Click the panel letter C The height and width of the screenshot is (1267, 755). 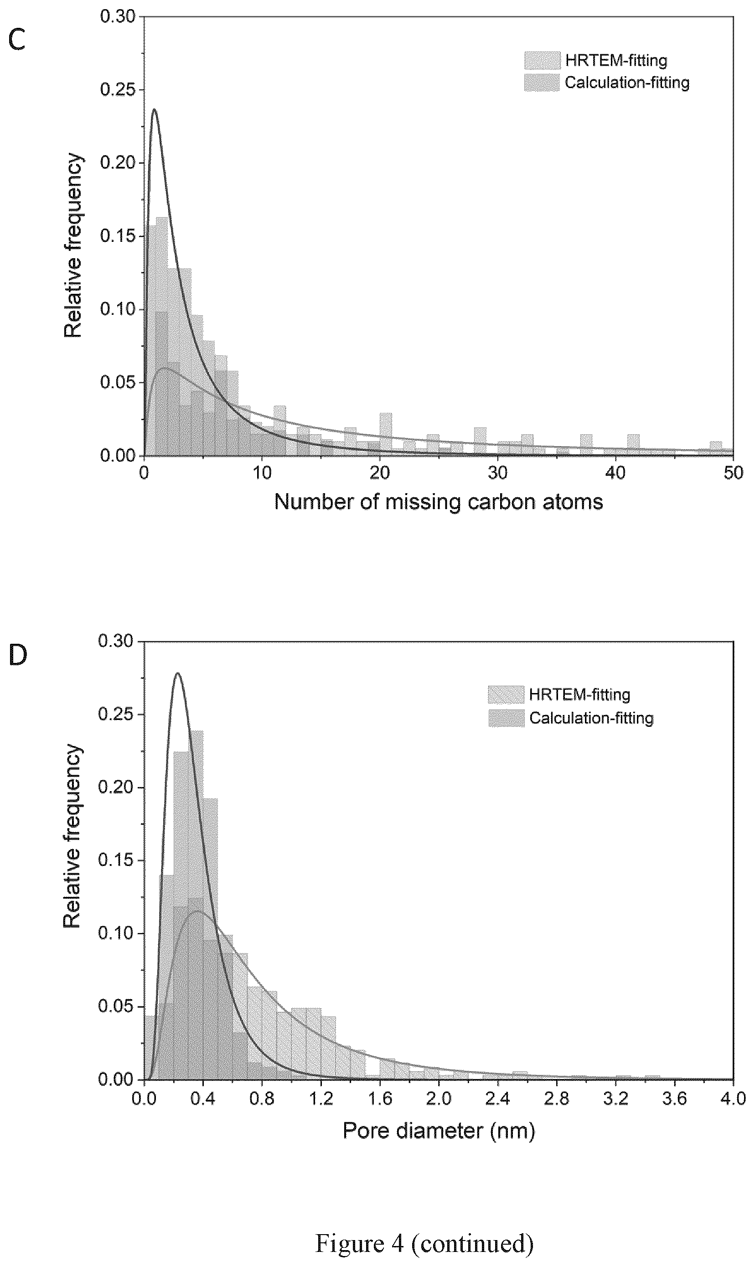tap(17, 40)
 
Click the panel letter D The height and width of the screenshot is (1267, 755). tap(18, 656)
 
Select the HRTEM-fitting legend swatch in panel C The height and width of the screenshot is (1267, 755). tap(543, 60)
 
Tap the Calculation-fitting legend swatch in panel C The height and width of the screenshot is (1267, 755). tap(543, 83)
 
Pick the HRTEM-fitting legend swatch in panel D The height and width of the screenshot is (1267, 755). tap(506, 694)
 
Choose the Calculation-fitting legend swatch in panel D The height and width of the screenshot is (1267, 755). tap(506, 718)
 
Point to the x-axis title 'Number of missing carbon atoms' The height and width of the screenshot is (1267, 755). tap(439, 502)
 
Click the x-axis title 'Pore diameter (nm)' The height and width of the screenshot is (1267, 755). tap(439, 1131)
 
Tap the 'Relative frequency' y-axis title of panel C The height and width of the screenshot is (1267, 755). tap(73, 245)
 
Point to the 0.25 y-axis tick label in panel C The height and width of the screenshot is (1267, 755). tap(118, 89)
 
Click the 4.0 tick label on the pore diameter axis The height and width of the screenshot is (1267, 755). tap(733, 1099)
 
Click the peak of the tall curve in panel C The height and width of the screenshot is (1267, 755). tap(154, 109)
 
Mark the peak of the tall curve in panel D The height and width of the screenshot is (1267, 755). tap(177, 673)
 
